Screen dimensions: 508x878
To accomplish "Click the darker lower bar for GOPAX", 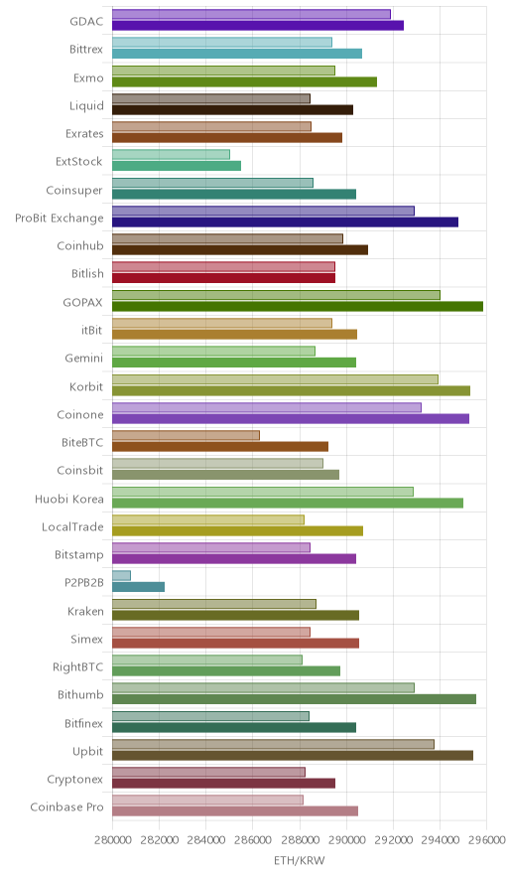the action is pyautogui.click(x=298, y=306).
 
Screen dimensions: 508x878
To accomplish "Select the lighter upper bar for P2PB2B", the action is pyautogui.click(x=121, y=576).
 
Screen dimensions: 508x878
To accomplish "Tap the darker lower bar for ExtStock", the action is pyautogui.click(x=177, y=166).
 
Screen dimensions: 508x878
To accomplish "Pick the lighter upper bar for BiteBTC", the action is pyautogui.click(x=186, y=435).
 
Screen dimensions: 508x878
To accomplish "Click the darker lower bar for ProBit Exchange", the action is pyautogui.click(x=286, y=222).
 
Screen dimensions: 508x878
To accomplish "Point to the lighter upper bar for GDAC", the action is pyautogui.click(x=251, y=15).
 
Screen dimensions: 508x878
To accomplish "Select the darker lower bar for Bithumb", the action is pyautogui.click(x=295, y=699).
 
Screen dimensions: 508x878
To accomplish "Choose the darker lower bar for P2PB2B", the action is pyautogui.click(x=138, y=587).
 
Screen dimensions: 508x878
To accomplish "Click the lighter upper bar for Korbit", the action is pyautogui.click(x=275, y=379).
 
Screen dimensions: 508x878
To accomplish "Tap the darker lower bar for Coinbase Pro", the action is pyautogui.click(x=235, y=811).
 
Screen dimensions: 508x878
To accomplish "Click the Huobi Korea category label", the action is pyautogui.click(x=69, y=499).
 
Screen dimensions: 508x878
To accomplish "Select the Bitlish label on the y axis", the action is pyautogui.click(x=88, y=274).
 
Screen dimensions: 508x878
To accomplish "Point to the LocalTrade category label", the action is pyautogui.click(x=72, y=527).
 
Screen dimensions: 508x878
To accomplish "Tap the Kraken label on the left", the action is pyautogui.click(x=85, y=612).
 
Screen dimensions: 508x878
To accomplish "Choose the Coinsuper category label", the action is pyautogui.click(x=74, y=191).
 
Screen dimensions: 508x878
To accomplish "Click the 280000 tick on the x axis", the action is pyautogui.click(x=112, y=840).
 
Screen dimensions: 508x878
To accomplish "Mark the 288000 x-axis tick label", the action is pyautogui.click(x=300, y=840).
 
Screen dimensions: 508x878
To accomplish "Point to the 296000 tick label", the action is pyautogui.click(x=486, y=840).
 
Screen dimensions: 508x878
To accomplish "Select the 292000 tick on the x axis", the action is pyautogui.click(x=393, y=840).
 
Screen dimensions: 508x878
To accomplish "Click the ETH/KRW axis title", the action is pyautogui.click(x=300, y=861).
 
